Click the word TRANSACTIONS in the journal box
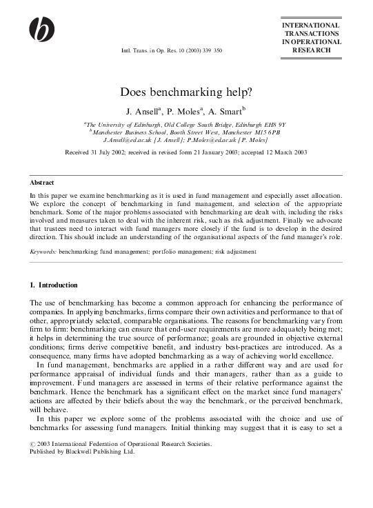311,33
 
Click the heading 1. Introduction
54,285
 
